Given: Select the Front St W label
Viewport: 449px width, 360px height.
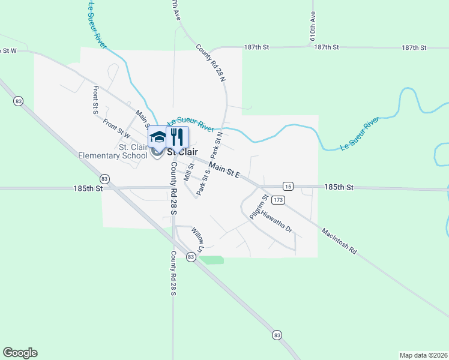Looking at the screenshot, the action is (x=116, y=128).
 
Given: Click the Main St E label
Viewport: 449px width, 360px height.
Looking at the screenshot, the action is (x=224, y=170).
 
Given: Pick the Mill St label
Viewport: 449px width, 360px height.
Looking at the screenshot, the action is (x=189, y=173).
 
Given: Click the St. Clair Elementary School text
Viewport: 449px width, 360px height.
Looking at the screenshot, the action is (x=113, y=151).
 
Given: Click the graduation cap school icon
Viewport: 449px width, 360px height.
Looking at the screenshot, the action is (x=157, y=137).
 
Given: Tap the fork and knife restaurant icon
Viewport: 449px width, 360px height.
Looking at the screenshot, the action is (x=177, y=136).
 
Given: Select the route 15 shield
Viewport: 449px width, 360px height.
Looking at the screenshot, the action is (x=289, y=186).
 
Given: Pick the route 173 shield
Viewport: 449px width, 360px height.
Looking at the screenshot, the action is (x=277, y=199).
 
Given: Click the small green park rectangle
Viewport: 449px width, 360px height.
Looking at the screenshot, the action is (x=211, y=260).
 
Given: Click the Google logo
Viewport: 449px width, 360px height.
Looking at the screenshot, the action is (x=20, y=353).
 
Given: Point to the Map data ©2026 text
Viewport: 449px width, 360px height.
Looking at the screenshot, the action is (x=423, y=355).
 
